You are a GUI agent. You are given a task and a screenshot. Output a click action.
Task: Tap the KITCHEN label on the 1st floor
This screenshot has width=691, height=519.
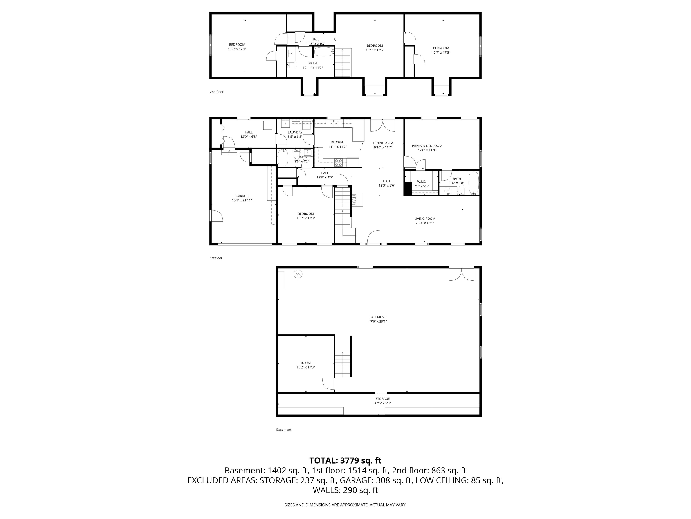[x=338, y=142]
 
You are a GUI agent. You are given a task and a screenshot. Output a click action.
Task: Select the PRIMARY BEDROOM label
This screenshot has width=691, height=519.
[x=427, y=146]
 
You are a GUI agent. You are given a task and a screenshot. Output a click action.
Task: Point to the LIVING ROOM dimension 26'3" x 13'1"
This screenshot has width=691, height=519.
[x=424, y=223]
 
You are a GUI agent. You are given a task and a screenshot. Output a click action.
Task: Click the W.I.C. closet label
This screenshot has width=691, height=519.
[x=421, y=181]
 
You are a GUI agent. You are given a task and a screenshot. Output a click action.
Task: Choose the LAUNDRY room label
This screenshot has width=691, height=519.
[x=295, y=132]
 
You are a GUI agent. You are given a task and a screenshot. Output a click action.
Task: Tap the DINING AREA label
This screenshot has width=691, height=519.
[x=383, y=143]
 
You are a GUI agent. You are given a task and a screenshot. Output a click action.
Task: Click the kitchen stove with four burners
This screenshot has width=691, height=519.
[x=339, y=162]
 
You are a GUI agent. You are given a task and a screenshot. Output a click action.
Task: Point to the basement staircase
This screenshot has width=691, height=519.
[x=343, y=364]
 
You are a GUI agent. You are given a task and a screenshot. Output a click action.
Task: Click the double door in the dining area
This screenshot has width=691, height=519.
[x=383, y=125]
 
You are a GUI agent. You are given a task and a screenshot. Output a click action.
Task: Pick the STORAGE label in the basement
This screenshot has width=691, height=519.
[x=382, y=398]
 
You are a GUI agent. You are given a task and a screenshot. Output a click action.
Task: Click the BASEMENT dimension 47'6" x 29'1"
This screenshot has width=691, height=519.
[x=378, y=321]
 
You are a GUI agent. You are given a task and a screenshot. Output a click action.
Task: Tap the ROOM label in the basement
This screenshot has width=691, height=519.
[x=305, y=363]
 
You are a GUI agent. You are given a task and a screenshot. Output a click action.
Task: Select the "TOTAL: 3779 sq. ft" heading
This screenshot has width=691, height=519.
[x=345, y=460]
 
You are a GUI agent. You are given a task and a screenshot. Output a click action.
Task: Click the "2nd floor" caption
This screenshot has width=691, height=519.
[x=216, y=92]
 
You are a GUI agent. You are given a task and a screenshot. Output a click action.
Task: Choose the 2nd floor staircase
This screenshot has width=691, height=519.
[x=343, y=63]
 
